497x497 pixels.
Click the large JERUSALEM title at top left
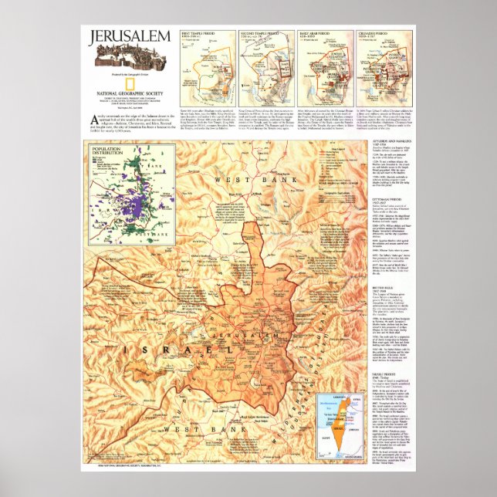pos(126,36)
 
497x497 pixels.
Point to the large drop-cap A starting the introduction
pos(93,117)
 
